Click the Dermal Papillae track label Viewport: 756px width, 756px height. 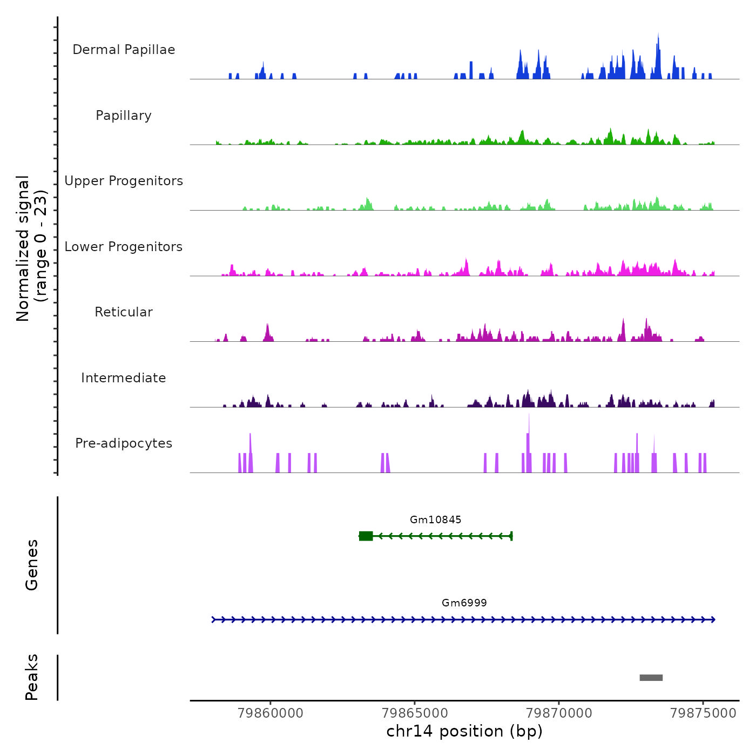pyautogui.click(x=124, y=50)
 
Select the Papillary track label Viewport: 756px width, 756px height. pyautogui.click(x=124, y=116)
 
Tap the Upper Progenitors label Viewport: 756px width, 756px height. pyautogui.click(x=124, y=181)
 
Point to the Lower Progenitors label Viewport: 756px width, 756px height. pyautogui.click(x=124, y=247)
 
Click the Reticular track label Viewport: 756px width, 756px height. pyautogui.click(x=124, y=312)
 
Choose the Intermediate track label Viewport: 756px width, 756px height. pyautogui.click(x=124, y=378)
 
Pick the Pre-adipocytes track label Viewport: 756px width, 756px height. pyautogui.click(x=124, y=443)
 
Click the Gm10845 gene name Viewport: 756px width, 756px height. pyautogui.click(x=435, y=520)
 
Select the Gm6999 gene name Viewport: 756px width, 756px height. pyautogui.click(x=464, y=603)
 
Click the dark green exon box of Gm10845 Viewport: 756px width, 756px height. pyautogui.click(x=366, y=536)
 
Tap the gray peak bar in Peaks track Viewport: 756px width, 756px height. pyautogui.click(x=651, y=678)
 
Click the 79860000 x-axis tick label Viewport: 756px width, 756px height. pyautogui.click(x=271, y=713)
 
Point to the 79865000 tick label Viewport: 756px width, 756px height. pyautogui.click(x=415, y=713)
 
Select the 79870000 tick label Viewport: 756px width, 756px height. pyautogui.click(x=559, y=713)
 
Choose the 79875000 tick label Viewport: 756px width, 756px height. pyautogui.click(x=703, y=713)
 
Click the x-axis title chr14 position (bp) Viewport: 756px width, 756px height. pyautogui.click(x=464, y=731)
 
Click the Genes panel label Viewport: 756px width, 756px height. pyautogui.click(x=31, y=565)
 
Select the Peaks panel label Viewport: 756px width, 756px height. pyautogui.click(x=31, y=677)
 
